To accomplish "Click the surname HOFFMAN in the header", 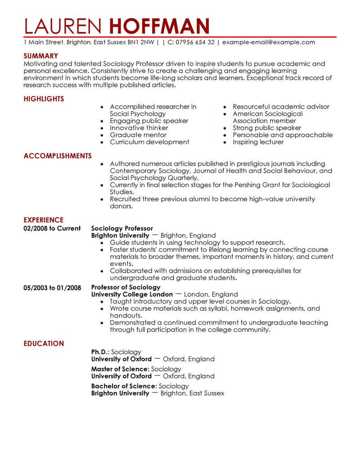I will click(160, 26).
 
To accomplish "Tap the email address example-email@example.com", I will click(269, 42).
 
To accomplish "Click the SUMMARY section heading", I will click(40, 56).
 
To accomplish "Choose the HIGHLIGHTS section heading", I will click(44, 99).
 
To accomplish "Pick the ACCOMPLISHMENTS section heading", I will click(57, 156).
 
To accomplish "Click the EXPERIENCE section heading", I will click(43, 220).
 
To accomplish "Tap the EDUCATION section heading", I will click(44, 344).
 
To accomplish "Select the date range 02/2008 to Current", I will click(52, 228).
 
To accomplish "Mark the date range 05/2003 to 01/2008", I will click(52, 287).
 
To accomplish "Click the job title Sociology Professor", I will click(122, 228).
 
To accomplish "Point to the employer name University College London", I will click(132, 294).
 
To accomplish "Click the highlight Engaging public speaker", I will click(149, 121).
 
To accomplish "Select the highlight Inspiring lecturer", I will click(258, 142).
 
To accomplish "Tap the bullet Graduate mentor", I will click(138, 135).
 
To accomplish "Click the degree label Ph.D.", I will click(100, 352).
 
